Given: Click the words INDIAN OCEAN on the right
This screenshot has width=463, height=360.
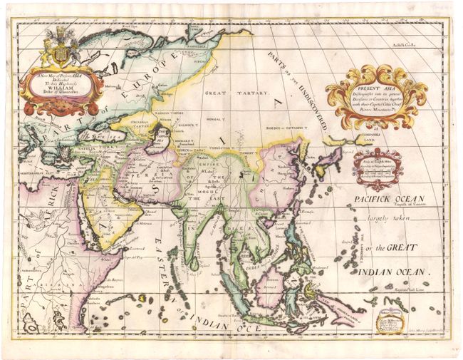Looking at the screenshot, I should [392, 272].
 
